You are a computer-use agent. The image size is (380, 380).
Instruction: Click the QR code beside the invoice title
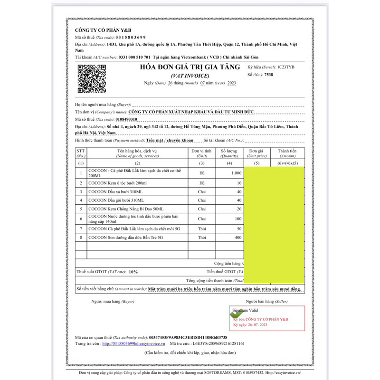[x=90, y=78]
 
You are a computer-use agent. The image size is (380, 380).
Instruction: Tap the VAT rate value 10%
[x=133, y=272]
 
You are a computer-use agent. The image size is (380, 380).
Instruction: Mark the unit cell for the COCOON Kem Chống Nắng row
[x=201, y=209]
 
